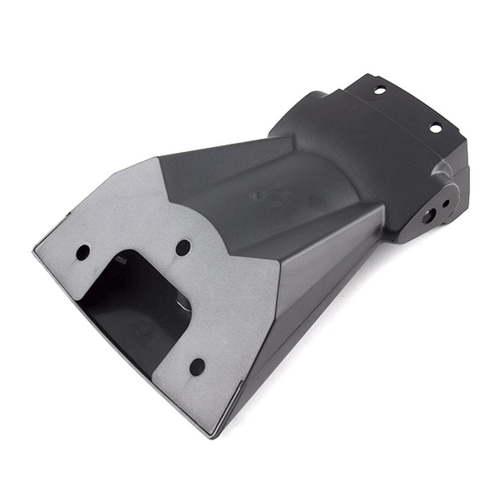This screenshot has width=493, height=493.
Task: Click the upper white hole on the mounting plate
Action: tap(380, 90)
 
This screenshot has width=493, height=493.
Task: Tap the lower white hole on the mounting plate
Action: tap(436, 128)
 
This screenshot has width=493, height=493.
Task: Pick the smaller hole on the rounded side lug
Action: tap(446, 203)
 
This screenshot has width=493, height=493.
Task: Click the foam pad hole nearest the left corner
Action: tap(83, 253)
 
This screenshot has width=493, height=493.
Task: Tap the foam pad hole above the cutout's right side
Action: tap(183, 246)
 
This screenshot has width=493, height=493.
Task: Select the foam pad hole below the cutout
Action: tap(197, 366)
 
